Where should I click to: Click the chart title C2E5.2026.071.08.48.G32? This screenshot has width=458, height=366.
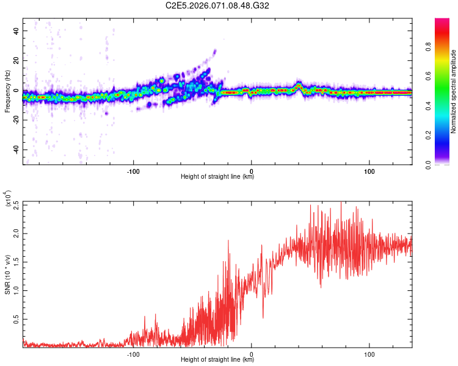click(217, 5)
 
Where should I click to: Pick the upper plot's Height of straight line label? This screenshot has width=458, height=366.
click(217, 177)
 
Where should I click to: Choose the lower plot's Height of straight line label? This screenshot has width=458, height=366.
click(217, 361)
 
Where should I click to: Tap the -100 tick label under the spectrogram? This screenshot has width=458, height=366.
click(134, 171)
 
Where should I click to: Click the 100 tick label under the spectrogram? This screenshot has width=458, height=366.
click(369, 171)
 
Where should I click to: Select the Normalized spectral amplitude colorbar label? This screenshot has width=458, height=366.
click(454, 91)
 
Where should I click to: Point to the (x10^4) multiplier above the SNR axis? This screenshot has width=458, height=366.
click(7, 199)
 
